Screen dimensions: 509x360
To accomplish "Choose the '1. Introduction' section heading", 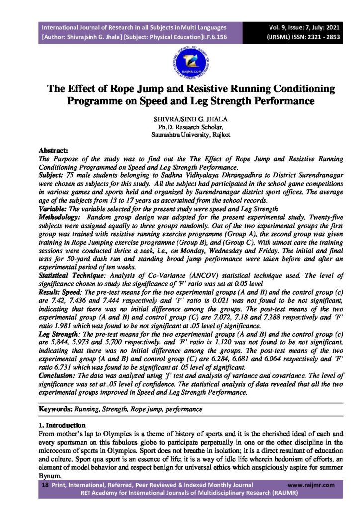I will (62, 426).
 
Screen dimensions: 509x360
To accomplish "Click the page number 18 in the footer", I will (44, 485).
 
